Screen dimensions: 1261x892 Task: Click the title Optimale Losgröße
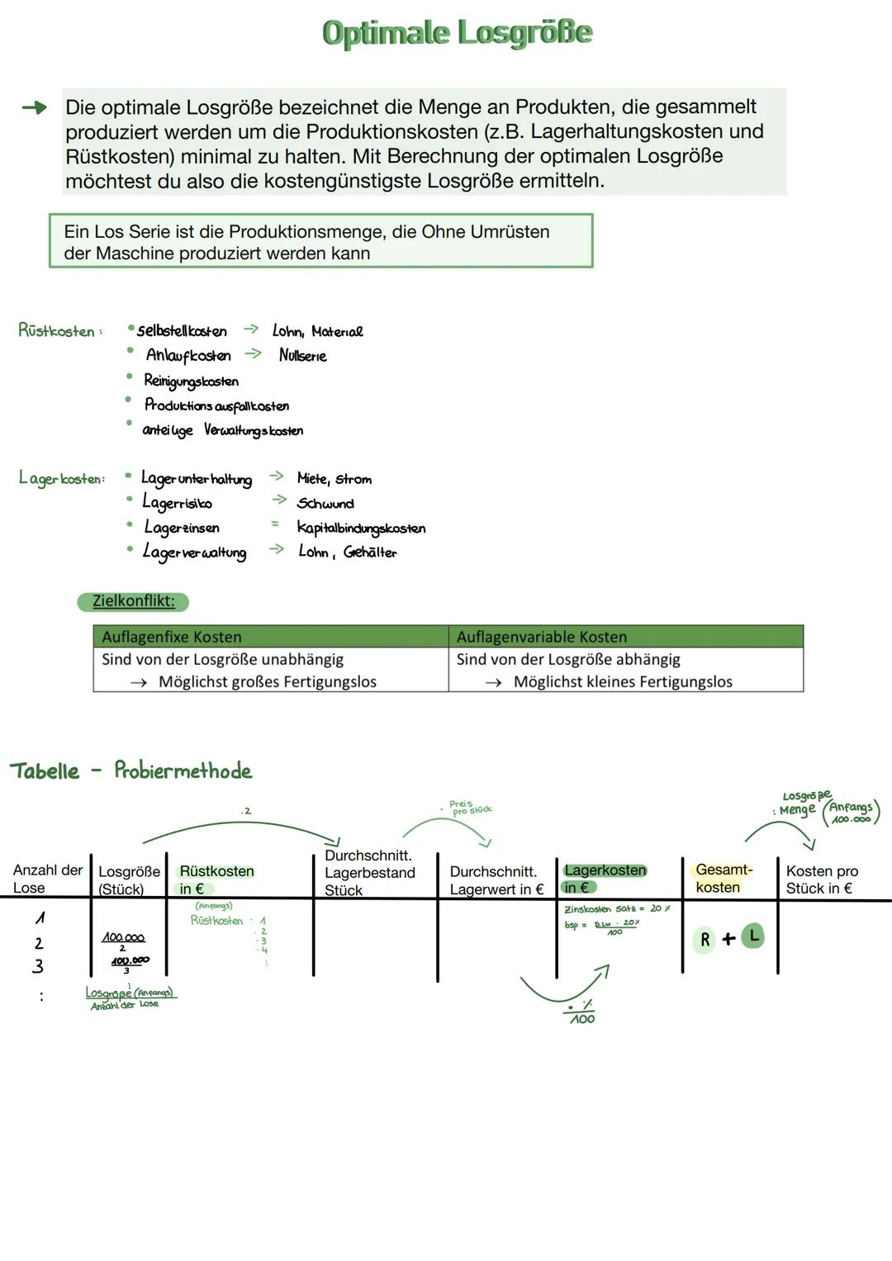coord(457,33)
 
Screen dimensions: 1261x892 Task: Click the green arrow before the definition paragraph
coord(34,108)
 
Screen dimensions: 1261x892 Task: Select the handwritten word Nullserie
coord(302,356)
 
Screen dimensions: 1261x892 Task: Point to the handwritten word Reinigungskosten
coord(191,381)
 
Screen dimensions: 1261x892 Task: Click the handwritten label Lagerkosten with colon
coord(62,479)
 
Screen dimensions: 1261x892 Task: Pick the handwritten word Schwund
coord(325,504)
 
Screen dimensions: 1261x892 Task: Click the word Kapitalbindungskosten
coord(361,529)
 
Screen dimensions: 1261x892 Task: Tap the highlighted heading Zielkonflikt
coord(133,601)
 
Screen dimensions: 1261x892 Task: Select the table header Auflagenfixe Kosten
coord(172,637)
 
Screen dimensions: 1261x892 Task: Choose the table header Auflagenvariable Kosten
coord(541,637)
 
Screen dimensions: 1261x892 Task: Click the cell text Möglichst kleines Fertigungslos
coord(623,682)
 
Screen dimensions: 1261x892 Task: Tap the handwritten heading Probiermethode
coord(183,771)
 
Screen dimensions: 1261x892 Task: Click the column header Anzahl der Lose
coord(47,879)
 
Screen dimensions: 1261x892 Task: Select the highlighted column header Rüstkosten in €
coord(216,879)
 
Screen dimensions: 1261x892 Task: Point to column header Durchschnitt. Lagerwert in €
coord(496,880)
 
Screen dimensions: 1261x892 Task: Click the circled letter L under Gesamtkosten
coord(753,936)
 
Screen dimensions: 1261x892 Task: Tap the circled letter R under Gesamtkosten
coord(705,940)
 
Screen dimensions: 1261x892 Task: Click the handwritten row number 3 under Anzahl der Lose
coord(38,966)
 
